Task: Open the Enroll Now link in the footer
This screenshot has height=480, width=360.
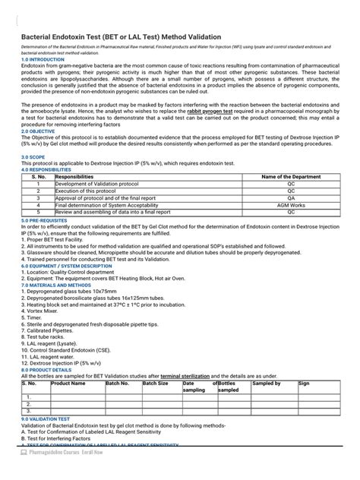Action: (x=87, y=472)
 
